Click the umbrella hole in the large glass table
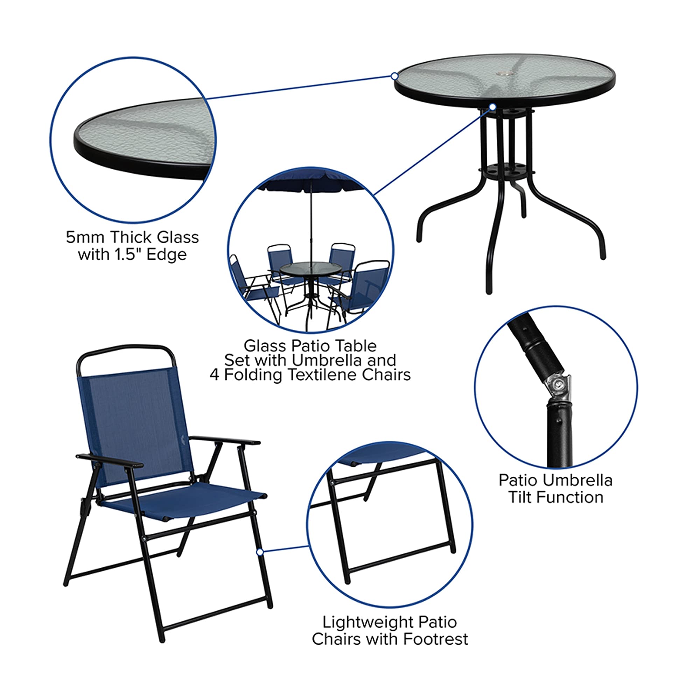(x=503, y=74)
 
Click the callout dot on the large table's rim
(x=394, y=76)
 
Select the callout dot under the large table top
(x=493, y=107)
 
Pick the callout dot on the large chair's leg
(x=259, y=552)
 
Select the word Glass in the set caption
(x=259, y=346)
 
